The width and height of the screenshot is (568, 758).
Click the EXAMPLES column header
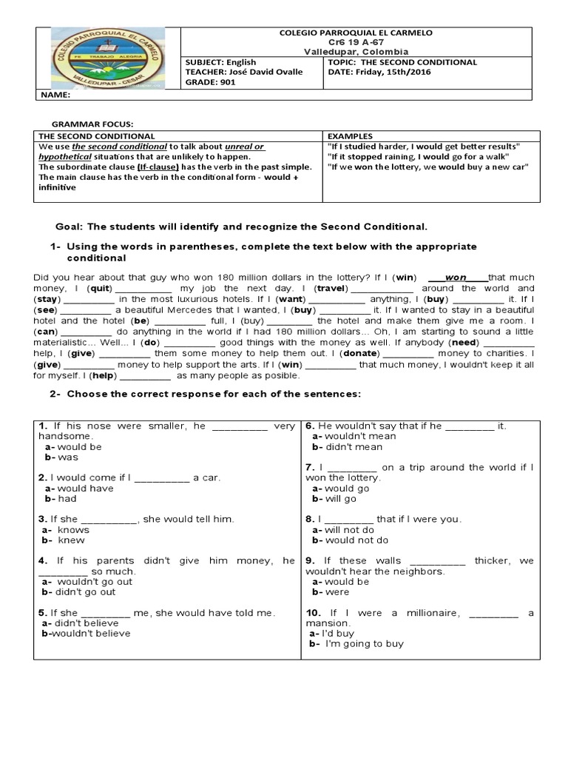349,136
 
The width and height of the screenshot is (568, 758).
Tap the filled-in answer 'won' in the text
455,278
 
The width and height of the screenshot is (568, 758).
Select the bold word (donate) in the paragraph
358,354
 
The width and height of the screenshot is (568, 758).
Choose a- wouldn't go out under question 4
87,581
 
